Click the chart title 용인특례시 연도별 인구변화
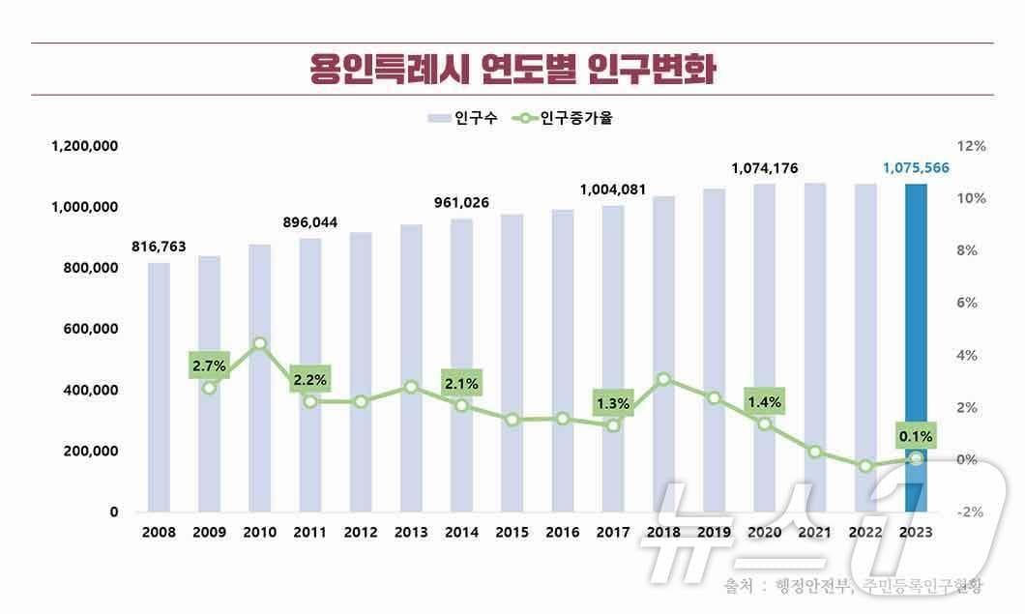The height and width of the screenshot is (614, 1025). pos(512,70)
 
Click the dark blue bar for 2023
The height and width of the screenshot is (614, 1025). pos(916,348)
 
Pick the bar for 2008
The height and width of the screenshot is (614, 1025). pos(159,387)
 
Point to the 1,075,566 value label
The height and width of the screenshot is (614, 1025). pos(916,168)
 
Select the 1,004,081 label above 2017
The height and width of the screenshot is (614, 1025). pos(613,190)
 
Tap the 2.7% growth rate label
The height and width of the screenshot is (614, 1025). pos(209,365)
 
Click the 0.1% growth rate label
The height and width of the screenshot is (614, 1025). pos(916,436)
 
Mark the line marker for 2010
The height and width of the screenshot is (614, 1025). pos(259,343)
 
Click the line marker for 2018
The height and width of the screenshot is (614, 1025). pos(663,380)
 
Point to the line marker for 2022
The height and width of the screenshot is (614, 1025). pos(865,466)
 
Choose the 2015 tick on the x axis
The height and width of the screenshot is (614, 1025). pos(512,532)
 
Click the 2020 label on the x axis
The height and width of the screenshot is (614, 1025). pos(764,532)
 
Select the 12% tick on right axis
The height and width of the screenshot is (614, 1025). pos(970,146)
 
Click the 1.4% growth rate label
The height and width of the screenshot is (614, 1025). pos(764,401)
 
